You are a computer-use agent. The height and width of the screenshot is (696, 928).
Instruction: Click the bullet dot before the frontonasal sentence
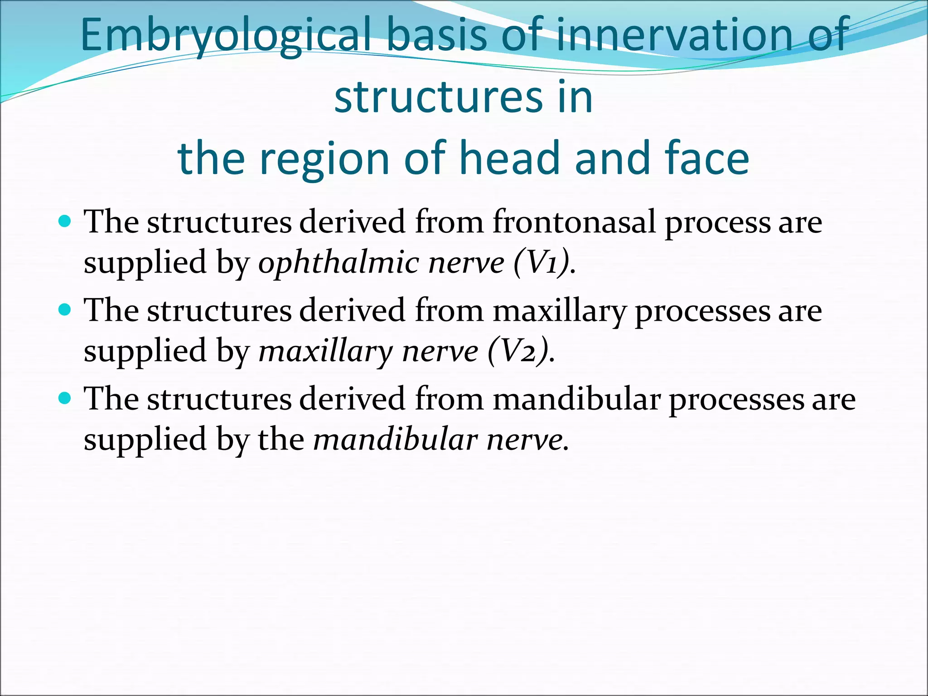click(66, 222)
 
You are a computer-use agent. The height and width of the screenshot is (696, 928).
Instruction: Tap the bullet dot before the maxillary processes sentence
click(66, 310)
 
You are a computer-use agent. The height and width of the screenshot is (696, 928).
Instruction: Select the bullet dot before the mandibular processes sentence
click(66, 398)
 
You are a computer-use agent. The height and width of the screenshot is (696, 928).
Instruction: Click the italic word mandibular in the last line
click(396, 440)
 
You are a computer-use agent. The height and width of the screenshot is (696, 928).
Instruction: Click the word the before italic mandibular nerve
click(281, 440)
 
